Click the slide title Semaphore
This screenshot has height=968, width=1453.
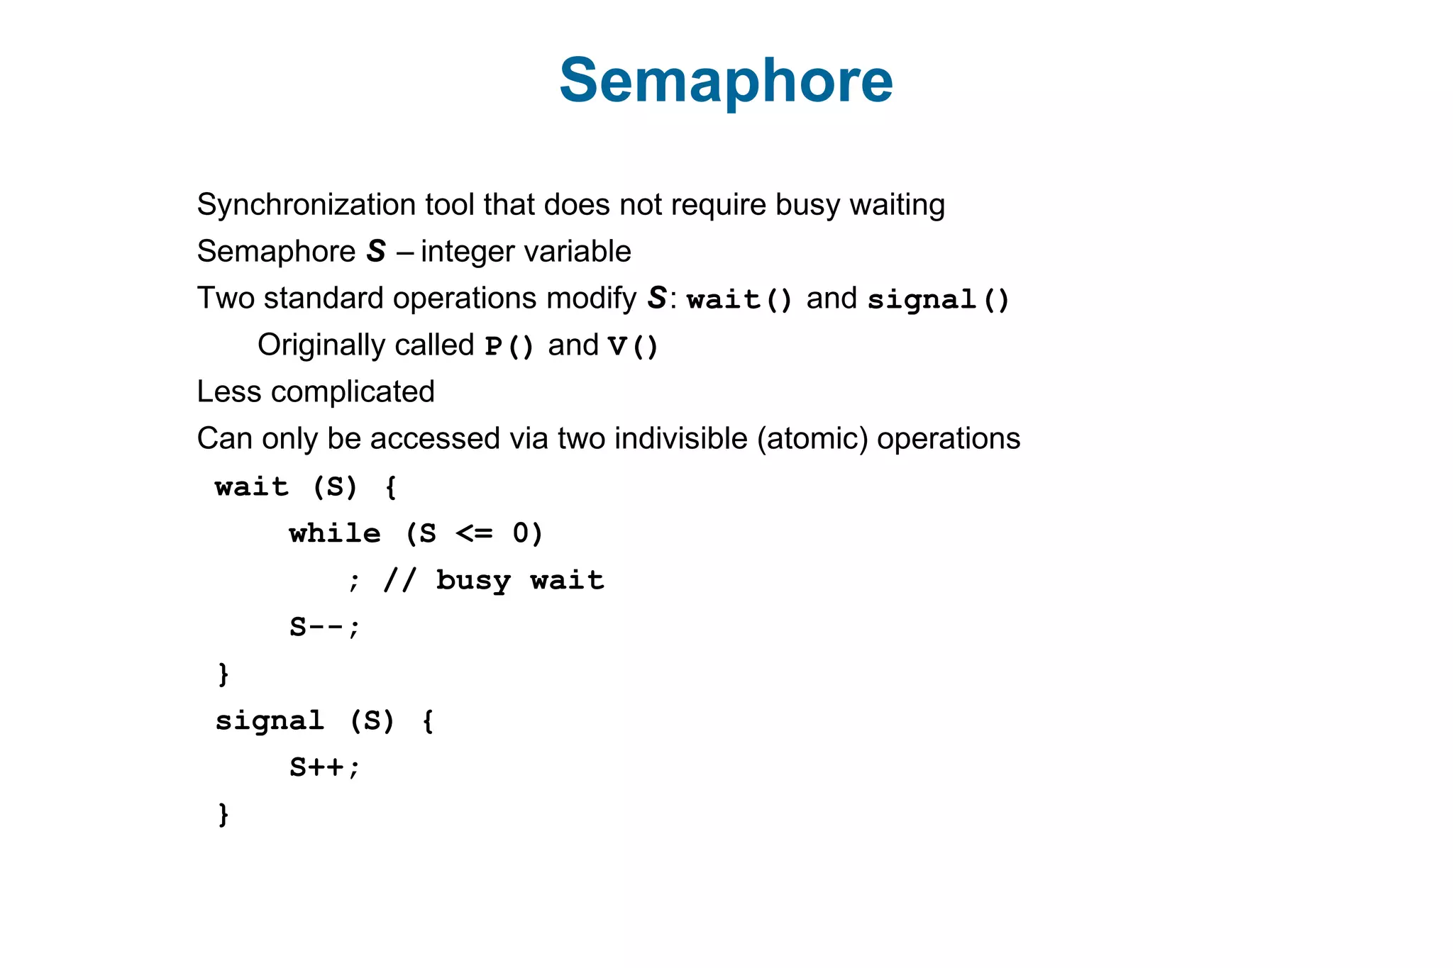point(726,81)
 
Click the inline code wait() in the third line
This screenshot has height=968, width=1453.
point(739,299)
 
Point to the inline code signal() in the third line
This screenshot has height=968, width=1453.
point(938,299)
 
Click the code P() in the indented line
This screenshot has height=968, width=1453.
point(509,346)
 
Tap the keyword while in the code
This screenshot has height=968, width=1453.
point(335,533)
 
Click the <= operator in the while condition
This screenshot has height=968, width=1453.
point(474,533)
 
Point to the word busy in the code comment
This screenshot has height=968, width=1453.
point(473,581)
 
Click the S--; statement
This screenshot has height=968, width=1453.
point(325,627)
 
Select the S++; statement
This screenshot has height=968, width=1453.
point(325,767)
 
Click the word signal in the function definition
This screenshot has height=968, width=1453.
point(270,721)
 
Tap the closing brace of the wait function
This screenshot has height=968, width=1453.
point(223,674)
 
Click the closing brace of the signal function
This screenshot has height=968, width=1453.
point(223,814)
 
